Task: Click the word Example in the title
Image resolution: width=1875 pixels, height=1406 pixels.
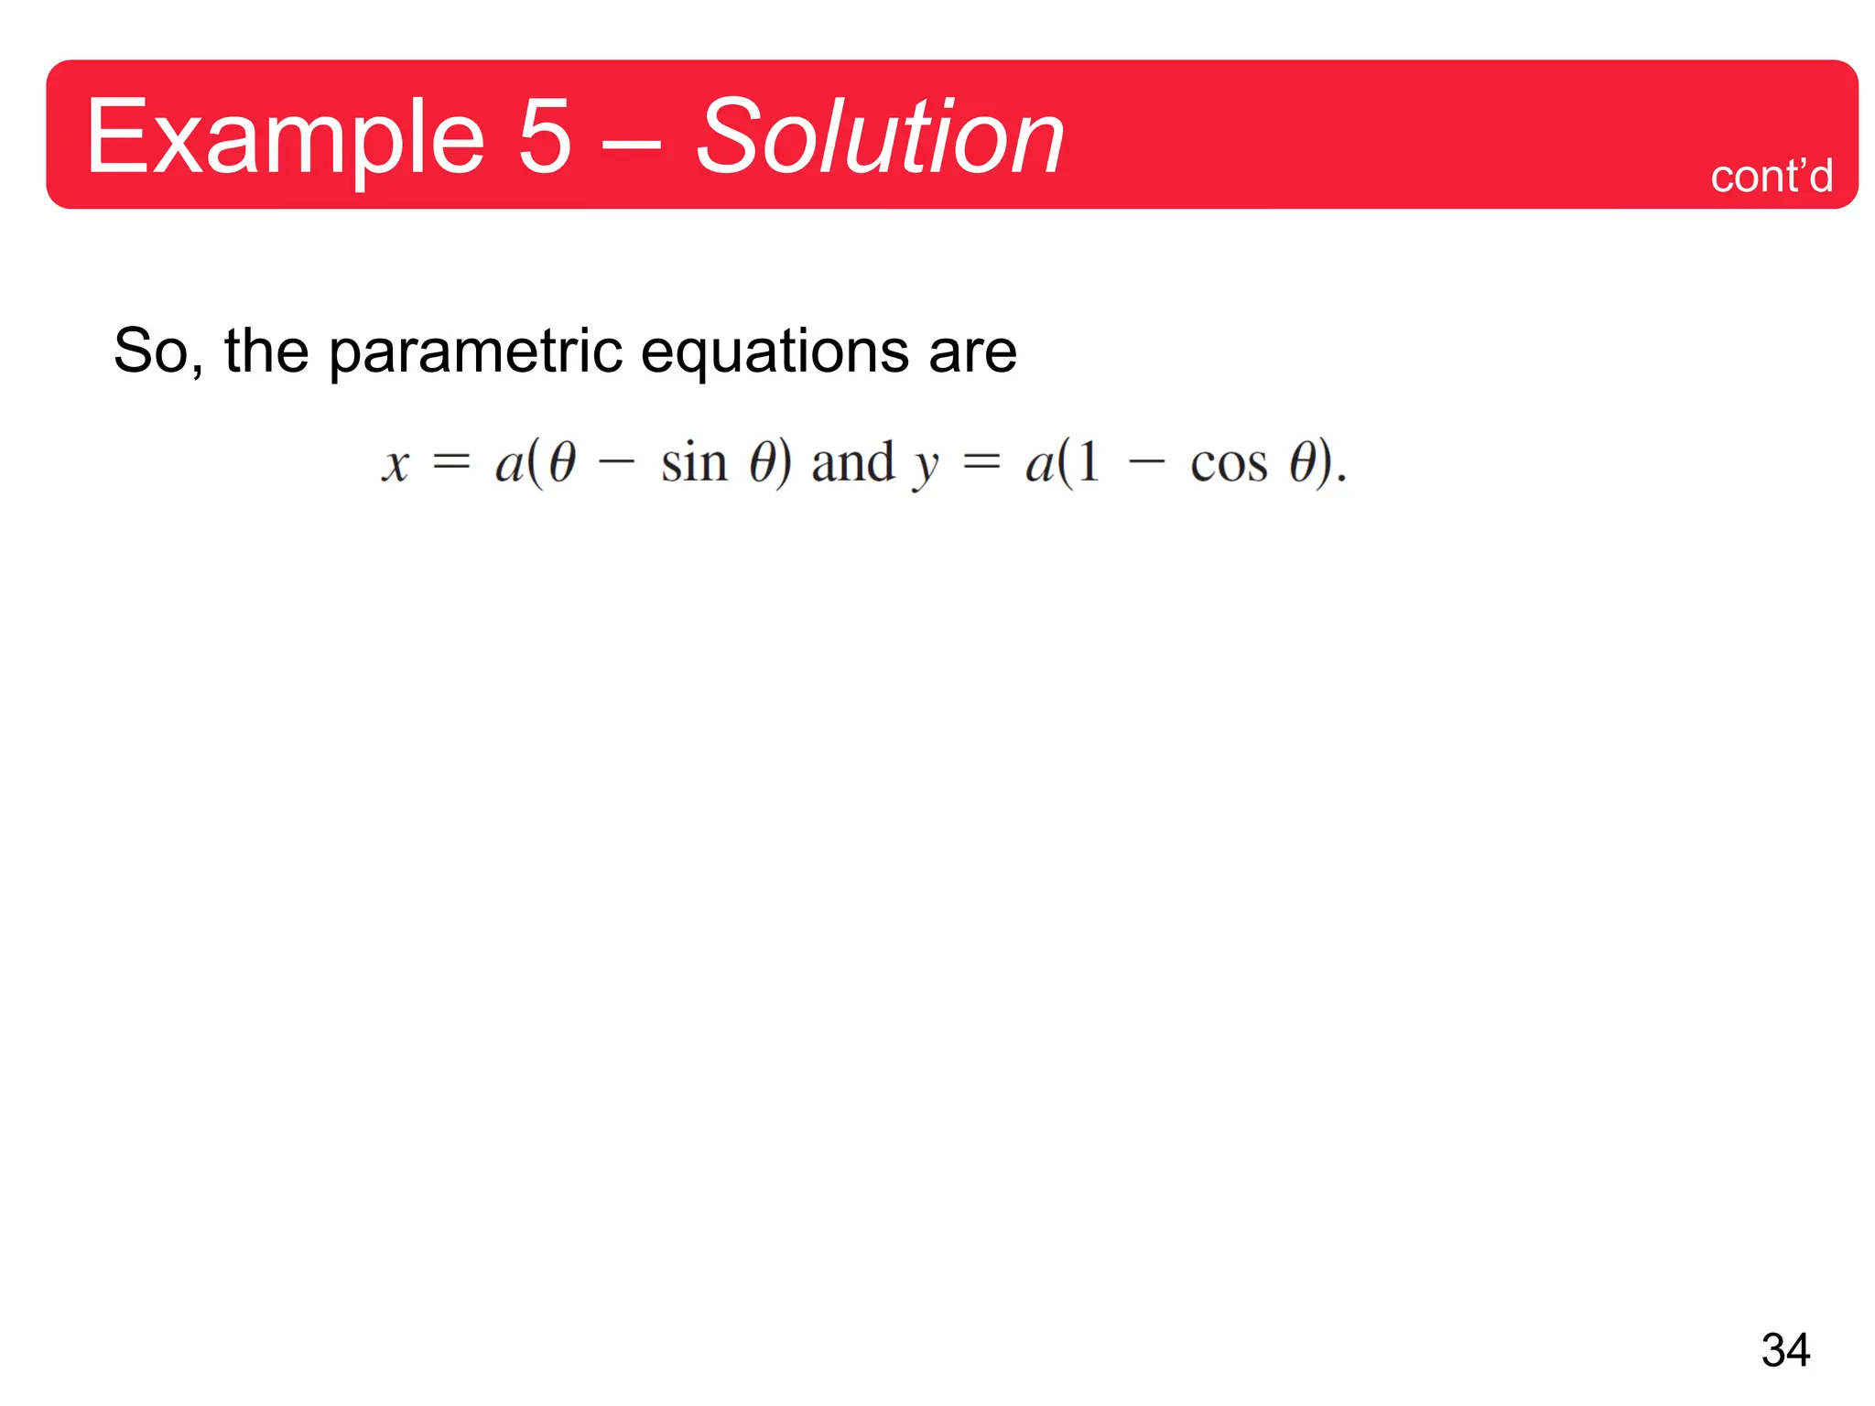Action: pos(285,137)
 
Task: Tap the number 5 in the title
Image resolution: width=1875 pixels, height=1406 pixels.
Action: pos(545,137)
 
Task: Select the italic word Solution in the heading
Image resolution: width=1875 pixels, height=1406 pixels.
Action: pos(879,137)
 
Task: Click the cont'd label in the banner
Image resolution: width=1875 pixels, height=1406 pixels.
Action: pos(1772,176)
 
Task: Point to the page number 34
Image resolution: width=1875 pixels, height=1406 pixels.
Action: pos(1785,1349)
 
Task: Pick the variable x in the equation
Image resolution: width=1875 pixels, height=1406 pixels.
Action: pos(396,464)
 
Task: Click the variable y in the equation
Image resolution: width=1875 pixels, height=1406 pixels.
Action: pos(927,466)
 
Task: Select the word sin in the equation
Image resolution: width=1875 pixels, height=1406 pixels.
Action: pos(694,462)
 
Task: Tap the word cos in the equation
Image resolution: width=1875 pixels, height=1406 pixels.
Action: pos(1229,464)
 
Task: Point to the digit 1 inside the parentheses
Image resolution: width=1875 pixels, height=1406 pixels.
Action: pos(1089,462)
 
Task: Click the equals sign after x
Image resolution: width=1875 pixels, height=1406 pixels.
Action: pos(451,463)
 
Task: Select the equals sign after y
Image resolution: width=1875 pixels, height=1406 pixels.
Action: pos(981,463)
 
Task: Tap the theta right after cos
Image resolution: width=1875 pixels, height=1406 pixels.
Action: pos(1302,462)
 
